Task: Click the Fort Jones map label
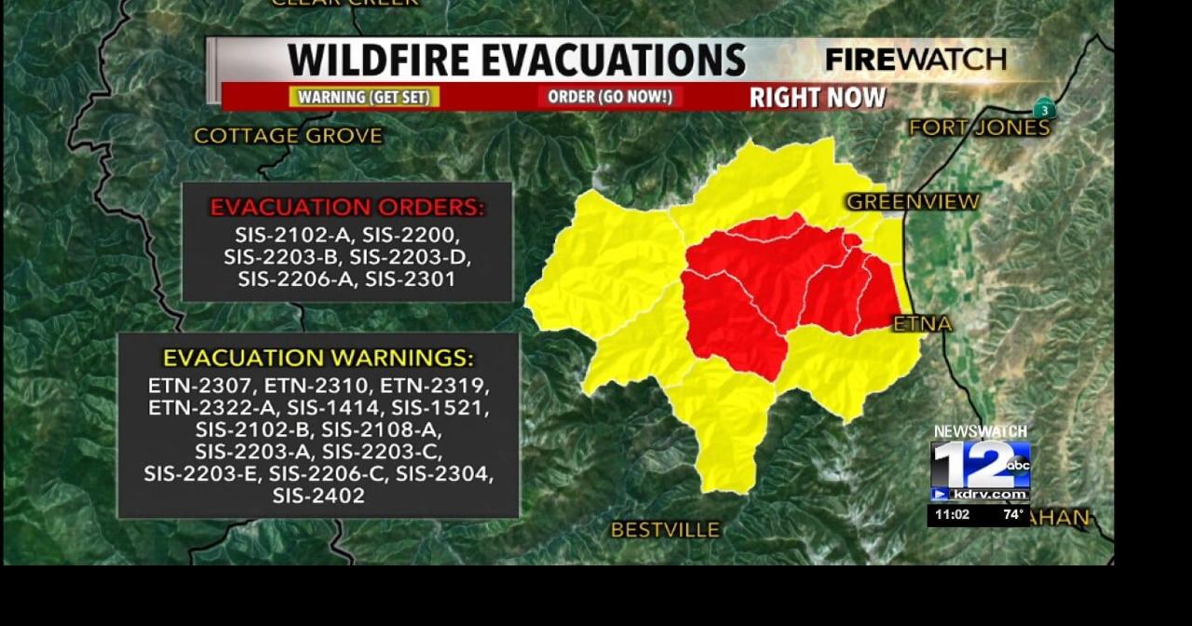pos(979,128)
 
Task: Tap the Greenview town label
pos(913,201)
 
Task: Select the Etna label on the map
pos(923,323)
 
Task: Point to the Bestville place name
pos(665,530)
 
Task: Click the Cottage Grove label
pos(288,136)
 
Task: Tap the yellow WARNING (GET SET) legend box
pos(365,97)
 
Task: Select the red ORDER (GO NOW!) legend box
pos(610,97)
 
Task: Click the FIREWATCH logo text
pos(915,60)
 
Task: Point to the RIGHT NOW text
pos(818,97)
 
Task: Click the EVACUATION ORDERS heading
pos(347,207)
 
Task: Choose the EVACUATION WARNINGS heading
pos(318,358)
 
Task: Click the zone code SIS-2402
pos(318,497)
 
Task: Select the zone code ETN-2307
pos(200,386)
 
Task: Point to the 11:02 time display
pos(952,514)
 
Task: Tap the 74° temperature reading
pos(1012,514)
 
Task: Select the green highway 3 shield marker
pos(1045,110)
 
